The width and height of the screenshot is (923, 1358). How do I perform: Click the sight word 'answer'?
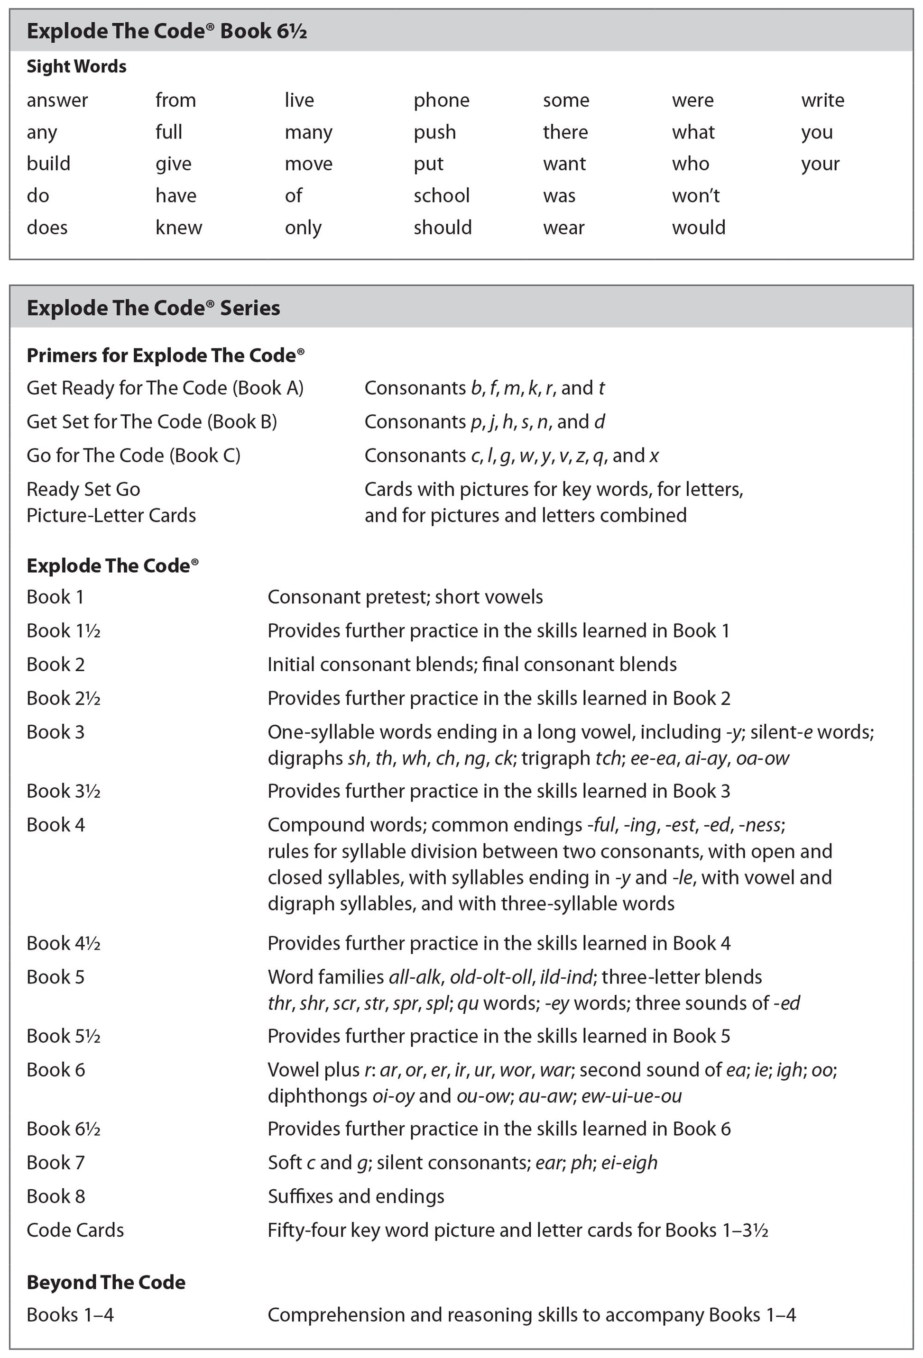(57, 100)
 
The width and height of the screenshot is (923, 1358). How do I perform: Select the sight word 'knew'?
(179, 228)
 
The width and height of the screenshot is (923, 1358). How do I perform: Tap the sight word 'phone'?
(441, 100)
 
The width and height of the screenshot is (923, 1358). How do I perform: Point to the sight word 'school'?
(441, 196)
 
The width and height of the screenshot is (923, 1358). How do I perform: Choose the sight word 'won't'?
(696, 196)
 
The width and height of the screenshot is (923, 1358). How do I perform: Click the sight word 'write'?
(822, 100)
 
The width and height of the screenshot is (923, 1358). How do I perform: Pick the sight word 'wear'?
(563, 228)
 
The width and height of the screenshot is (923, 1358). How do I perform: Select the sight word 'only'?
(303, 228)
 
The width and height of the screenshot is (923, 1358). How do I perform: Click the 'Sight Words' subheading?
(76, 67)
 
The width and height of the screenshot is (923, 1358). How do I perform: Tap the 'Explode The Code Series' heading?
(154, 308)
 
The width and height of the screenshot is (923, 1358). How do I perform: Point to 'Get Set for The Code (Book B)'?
(152, 422)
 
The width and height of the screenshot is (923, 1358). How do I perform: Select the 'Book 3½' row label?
(64, 791)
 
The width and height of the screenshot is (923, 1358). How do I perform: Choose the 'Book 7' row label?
(55, 1163)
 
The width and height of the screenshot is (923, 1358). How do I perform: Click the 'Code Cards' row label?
(75, 1230)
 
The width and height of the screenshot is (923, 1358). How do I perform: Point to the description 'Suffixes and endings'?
(356, 1196)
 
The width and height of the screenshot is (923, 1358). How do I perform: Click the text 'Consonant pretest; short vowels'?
(405, 597)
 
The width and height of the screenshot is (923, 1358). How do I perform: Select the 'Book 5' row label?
(55, 977)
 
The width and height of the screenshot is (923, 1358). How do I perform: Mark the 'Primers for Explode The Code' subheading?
(166, 355)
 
